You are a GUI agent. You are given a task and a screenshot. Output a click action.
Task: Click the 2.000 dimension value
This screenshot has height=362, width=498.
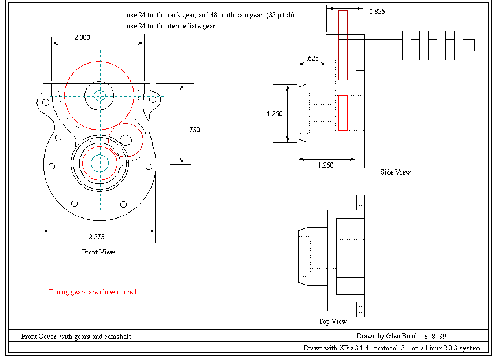[x=82, y=37]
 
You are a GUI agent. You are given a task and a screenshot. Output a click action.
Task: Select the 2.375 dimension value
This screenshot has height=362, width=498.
[x=97, y=237]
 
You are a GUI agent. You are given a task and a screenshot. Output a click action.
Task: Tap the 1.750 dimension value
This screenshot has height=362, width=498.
[x=191, y=130]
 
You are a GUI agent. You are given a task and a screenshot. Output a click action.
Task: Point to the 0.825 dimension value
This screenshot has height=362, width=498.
[x=376, y=11]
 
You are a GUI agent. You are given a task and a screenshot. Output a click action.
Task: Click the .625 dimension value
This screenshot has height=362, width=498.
[x=312, y=58]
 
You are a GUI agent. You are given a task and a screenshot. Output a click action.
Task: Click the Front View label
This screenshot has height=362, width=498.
[x=98, y=252]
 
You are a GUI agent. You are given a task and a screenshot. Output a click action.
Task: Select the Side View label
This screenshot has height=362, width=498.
[x=395, y=172]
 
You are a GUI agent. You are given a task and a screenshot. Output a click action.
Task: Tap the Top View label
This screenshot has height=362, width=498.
[x=333, y=322]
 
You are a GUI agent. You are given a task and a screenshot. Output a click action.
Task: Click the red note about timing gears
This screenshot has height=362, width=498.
[x=93, y=292]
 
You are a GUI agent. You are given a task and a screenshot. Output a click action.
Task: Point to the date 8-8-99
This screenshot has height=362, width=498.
[x=435, y=335]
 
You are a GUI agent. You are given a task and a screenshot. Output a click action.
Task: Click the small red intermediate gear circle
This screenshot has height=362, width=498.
[x=126, y=139]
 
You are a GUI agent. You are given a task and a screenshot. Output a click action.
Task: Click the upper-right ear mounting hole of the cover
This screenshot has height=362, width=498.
[x=153, y=100]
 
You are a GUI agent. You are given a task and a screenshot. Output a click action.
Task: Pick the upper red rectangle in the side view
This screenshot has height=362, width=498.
[x=343, y=45]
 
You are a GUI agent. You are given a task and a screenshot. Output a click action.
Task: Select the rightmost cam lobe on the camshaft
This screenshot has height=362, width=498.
[x=459, y=45]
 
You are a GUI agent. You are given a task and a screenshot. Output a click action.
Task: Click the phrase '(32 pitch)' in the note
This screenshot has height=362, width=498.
[x=280, y=16]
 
